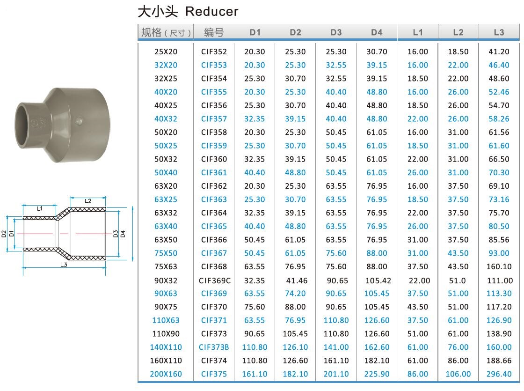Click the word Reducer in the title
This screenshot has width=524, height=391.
pos(211,11)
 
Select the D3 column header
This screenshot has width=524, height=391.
pos(336,32)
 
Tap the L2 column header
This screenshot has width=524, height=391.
pos(458,32)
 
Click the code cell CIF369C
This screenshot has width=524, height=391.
pos(215,280)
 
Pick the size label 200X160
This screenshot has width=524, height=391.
pos(166,374)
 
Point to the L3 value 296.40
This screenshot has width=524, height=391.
pos(499,374)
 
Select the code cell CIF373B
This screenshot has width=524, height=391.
pos(214,347)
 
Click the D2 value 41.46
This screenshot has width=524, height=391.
pos(297,280)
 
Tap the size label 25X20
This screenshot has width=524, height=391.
pos(166,52)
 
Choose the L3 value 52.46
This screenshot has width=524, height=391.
pos(499,92)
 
